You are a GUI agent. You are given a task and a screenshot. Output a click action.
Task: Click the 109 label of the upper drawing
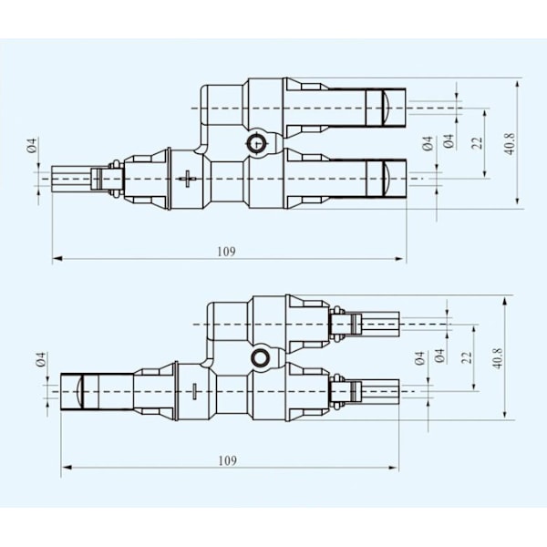coord(226,252)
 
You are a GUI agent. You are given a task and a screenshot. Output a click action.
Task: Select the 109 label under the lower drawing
coord(227,460)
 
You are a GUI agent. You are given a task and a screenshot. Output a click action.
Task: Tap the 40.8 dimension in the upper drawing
coord(510,143)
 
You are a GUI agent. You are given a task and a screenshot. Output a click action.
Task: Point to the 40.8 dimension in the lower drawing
coord(498,358)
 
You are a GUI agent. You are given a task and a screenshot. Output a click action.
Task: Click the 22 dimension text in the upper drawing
coord(477,143)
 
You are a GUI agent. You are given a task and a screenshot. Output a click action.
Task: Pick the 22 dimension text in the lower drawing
coord(467,357)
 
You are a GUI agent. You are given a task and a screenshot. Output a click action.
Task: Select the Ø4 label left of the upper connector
coord(32,145)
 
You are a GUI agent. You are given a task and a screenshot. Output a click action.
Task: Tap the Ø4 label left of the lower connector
coord(41,359)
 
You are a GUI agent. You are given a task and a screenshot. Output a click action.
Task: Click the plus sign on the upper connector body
coord(187,179)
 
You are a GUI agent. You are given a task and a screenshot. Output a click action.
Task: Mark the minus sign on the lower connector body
coord(194,391)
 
